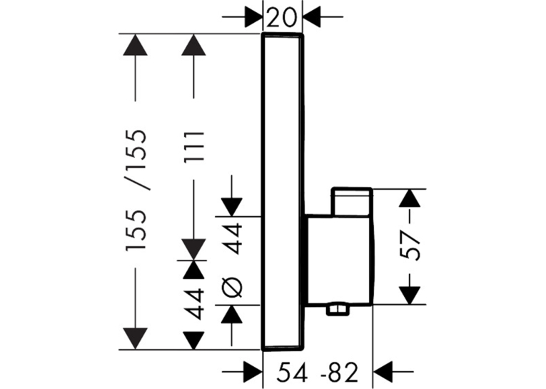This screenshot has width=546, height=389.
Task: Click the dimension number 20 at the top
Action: click(x=282, y=18)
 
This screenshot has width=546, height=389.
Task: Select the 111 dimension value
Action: click(x=193, y=146)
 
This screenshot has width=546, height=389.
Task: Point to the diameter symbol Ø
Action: click(x=232, y=288)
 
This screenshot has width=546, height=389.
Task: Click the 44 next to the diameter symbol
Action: click(x=232, y=240)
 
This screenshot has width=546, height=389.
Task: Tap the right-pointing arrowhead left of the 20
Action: click(x=253, y=16)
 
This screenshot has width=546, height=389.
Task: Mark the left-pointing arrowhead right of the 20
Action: click(x=312, y=16)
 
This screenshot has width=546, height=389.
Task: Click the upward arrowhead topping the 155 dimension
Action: click(x=135, y=44)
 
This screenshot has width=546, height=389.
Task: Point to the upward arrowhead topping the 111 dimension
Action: click(x=193, y=44)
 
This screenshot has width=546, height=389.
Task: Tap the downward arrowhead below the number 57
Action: click(x=410, y=295)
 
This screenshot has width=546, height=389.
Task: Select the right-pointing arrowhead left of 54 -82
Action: click(x=253, y=372)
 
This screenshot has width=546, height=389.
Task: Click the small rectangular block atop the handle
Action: click(x=352, y=202)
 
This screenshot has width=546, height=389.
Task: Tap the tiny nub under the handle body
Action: click(x=338, y=309)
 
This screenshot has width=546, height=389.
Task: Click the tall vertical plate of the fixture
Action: click(x=283, y=191)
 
